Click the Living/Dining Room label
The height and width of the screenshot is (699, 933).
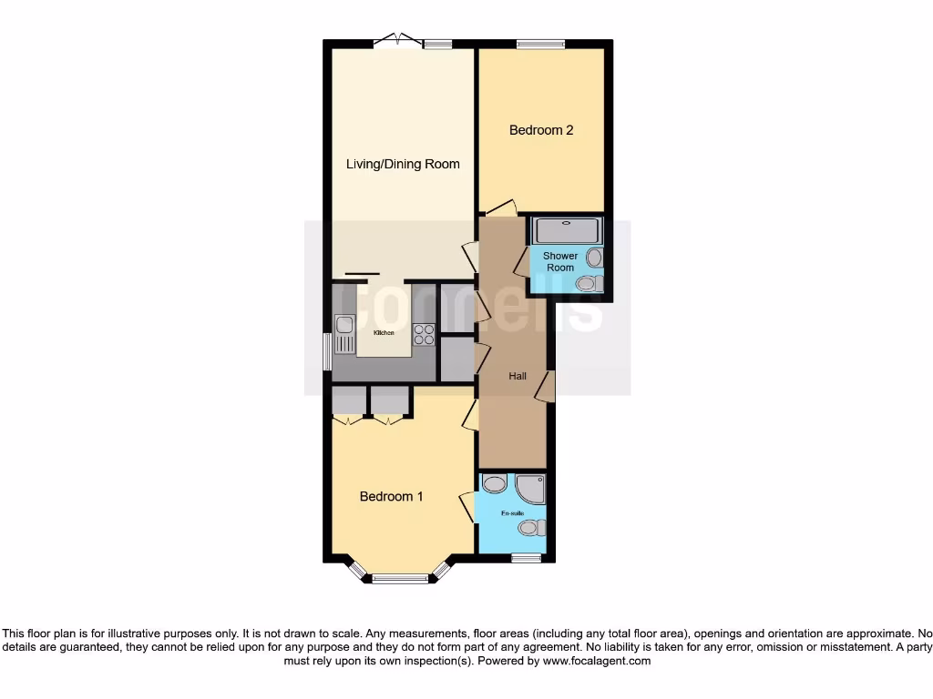click(403, 165)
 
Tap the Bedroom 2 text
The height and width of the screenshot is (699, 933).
click(540, 130)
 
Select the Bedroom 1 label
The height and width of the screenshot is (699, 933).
click(391, 497)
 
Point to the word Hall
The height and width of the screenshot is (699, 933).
click(518, 375)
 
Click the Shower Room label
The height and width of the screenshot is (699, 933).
click(560, 262)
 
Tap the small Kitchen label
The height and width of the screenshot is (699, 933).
click(384, 333)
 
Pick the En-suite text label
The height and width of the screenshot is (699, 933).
click(512, 514)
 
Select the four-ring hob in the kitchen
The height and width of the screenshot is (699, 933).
click(425, 334)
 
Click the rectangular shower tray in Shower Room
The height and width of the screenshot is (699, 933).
click(567, 230)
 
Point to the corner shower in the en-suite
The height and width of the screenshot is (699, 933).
click(531, 489)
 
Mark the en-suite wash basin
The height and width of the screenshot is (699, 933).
click(494, 483)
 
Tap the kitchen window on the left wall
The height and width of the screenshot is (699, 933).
click(328, 351)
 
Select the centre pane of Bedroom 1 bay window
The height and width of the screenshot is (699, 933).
click(400, 578)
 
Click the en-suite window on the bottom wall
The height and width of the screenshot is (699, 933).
click(526, 558)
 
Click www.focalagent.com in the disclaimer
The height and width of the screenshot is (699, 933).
click(597, 662)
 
